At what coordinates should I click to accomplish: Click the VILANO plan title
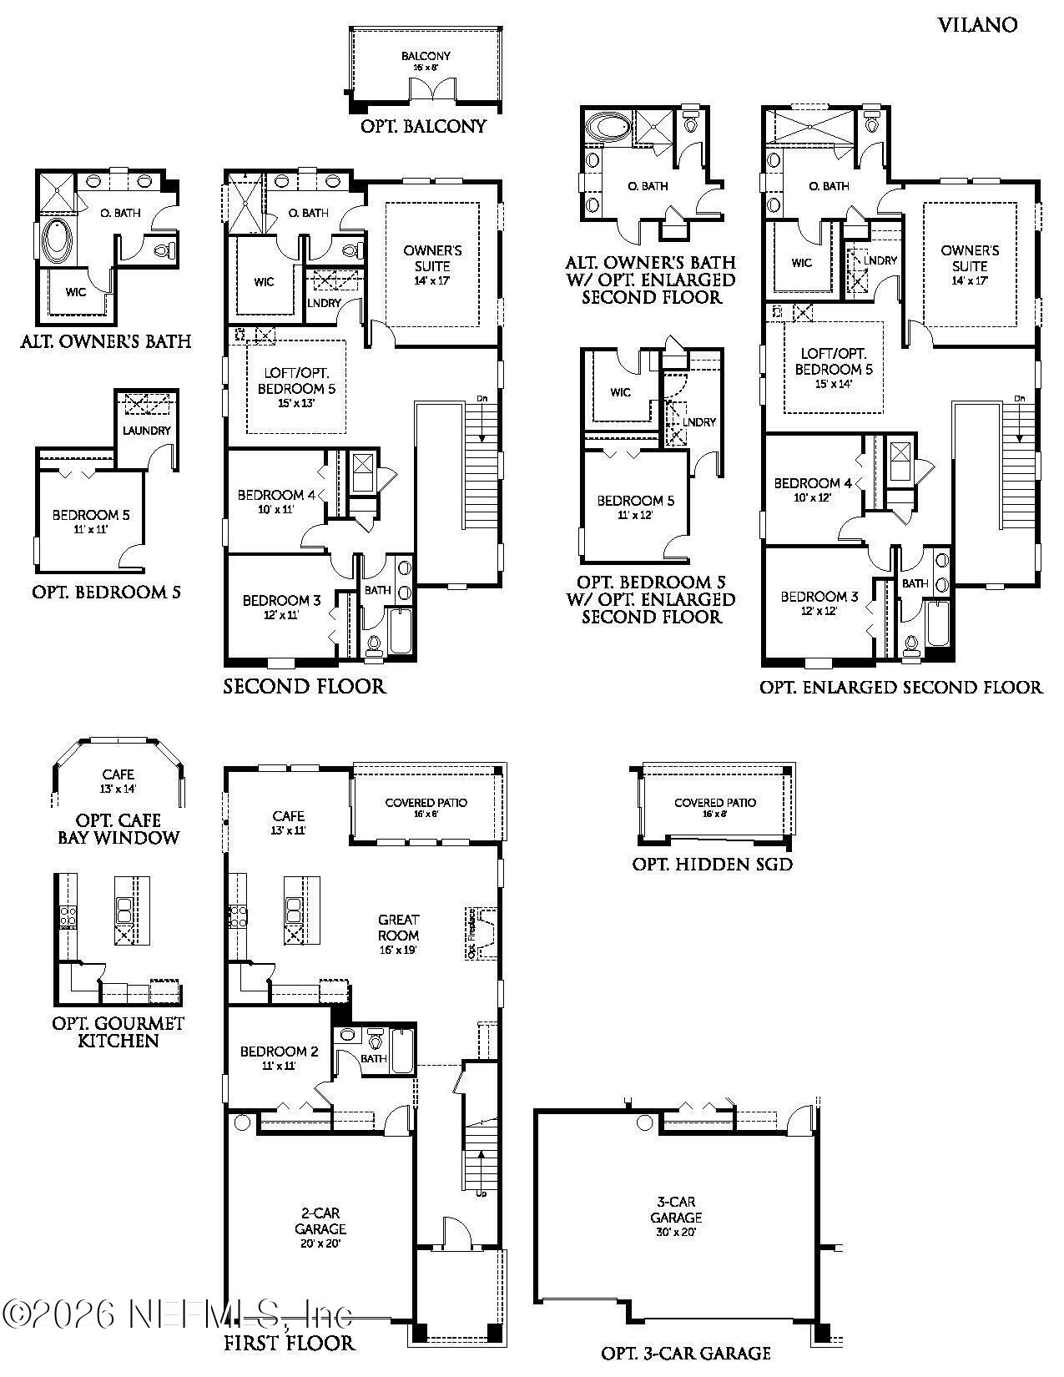point(977,25)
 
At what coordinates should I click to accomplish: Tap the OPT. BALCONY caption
point(423,127)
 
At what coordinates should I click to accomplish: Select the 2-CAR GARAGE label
point(320,1228)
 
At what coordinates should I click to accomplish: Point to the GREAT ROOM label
point(398,927)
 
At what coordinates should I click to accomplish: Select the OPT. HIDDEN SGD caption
point(712,865)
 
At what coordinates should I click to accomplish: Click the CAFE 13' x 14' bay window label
point(118,780)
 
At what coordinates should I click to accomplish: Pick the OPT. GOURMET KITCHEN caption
point(118,1031)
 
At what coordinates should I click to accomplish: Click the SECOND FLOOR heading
point(304,687)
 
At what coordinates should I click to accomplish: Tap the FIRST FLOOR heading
point(289,1343)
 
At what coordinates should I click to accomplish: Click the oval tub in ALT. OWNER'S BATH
point(58,241)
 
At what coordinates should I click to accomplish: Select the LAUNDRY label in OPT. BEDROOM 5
point(146,431)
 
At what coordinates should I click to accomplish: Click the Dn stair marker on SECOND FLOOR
point(482,398)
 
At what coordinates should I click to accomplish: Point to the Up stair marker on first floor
point(482,1193)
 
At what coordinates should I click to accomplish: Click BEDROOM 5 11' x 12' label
point(635,507)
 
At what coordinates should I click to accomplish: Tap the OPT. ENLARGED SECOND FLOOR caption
point(900,688)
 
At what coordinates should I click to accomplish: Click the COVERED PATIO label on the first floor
point(426,807)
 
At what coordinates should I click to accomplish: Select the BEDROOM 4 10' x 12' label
point(812,489)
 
